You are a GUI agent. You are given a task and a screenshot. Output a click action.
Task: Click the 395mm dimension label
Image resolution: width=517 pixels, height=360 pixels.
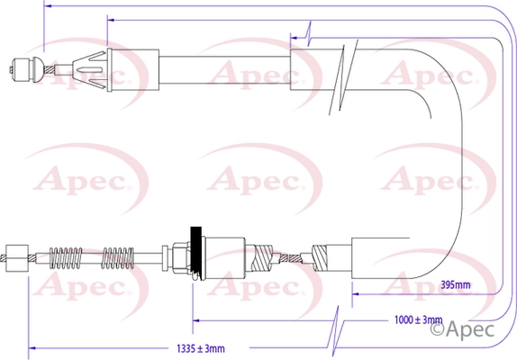coord(456,284)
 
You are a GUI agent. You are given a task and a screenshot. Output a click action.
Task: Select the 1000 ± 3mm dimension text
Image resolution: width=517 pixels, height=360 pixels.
coord(419,319)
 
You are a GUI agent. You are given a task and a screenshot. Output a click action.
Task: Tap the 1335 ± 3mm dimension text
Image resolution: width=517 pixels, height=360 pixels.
coord(201,348)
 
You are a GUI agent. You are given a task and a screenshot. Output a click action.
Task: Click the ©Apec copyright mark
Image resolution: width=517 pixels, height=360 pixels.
coord(462,329)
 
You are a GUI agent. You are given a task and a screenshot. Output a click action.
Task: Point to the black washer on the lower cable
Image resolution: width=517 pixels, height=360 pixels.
coord(196,253)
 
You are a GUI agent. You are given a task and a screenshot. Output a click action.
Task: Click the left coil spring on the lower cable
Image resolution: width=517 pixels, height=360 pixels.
coord(66,258)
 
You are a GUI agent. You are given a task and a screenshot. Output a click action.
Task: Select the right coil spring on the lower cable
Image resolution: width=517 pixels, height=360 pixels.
coord(118,258)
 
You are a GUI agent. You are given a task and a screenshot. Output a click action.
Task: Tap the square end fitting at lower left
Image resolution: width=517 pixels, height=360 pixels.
coord(17,258)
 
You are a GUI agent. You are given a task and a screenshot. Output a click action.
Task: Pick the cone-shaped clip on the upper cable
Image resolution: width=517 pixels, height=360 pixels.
coord(89,70)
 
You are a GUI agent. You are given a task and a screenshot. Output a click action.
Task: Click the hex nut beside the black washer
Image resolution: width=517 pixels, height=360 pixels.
coord(180,258)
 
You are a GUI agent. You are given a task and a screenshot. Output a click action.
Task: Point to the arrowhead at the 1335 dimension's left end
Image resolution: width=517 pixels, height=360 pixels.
coord(32,347)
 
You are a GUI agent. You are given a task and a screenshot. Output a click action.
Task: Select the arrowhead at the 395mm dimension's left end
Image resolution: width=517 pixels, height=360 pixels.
coord(356,293)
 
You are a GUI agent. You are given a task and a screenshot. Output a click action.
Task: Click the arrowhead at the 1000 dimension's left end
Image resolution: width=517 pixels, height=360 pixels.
coord(196,320)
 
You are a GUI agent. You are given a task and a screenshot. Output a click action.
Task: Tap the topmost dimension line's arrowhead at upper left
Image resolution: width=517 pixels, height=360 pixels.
coord(48,6)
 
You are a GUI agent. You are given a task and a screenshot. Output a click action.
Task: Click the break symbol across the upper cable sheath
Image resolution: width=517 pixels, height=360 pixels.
coord(343,77)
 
